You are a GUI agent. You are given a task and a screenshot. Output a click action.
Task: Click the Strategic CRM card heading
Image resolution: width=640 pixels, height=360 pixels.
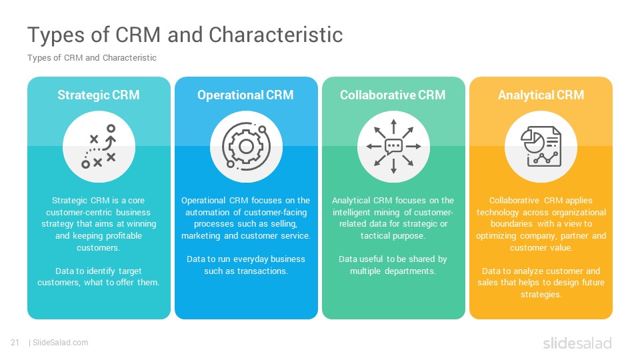coord(99,95)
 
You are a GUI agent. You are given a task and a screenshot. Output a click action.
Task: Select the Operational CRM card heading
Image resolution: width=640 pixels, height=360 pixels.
coord(245,95)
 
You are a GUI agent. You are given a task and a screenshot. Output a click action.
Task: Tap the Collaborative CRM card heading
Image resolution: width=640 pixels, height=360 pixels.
coord(393,95)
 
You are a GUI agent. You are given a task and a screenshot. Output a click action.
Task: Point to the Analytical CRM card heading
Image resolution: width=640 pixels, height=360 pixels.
coord(541,95)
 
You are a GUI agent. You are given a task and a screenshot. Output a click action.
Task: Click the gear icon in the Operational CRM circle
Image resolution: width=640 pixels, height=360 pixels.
coord(246,147)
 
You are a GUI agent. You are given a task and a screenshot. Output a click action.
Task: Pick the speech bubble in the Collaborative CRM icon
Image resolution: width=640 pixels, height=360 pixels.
coord(393,146)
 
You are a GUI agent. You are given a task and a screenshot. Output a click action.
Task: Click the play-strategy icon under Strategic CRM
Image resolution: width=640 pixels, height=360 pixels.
coord(99,147)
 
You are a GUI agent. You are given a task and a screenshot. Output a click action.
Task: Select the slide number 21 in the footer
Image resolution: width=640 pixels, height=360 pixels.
coord(15,343)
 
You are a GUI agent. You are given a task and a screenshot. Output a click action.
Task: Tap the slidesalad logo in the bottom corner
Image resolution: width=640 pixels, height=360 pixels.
coord(577,343)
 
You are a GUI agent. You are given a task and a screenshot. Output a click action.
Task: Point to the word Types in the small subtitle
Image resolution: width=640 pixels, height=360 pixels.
coord(39,58)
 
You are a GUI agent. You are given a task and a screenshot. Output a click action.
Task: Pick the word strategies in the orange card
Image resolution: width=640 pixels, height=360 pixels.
coord(541,295)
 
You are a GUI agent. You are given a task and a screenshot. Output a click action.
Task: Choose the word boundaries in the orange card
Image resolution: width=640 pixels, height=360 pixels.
coord(511,224)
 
